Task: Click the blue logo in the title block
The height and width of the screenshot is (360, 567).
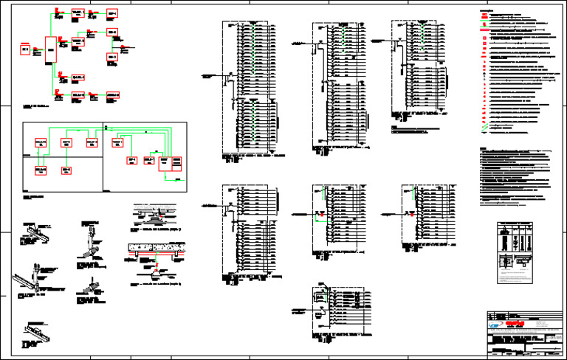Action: point(492,323)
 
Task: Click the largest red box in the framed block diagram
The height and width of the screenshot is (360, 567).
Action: point(165,164)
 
